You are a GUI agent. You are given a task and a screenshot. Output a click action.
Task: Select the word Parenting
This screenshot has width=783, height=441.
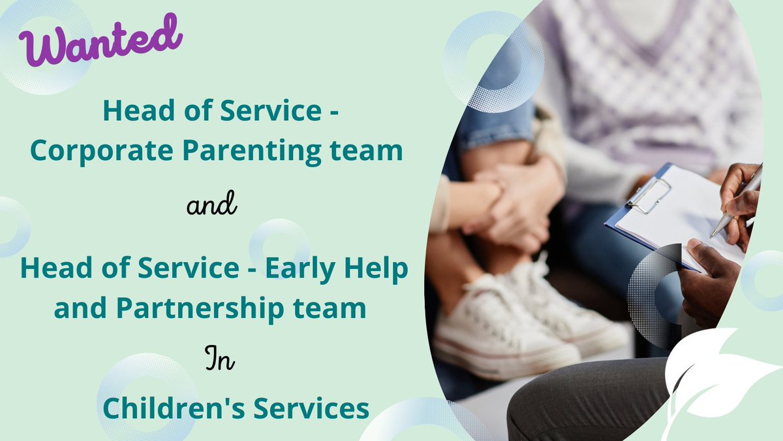point(253,151)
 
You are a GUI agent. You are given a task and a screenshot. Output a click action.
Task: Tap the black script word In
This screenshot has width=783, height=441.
point(212,359)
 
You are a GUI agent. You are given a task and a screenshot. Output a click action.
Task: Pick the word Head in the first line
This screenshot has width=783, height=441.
point(128,112)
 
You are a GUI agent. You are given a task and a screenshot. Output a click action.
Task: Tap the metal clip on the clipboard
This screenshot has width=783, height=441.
point(649,196)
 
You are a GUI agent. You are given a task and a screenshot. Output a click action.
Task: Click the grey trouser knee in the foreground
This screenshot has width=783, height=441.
point(587,405)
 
